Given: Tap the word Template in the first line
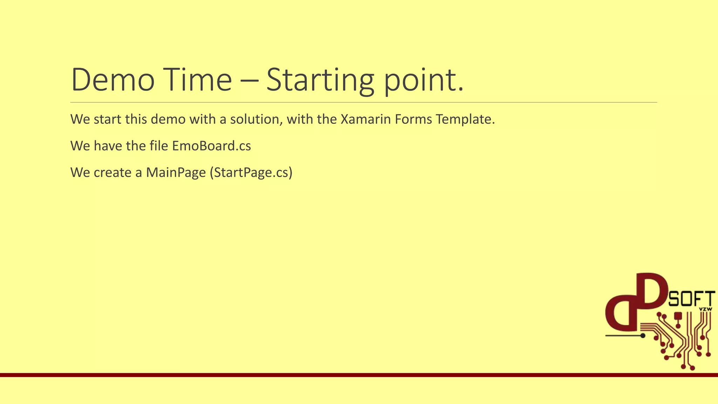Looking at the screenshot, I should pyautogui.click(x=465, y=119).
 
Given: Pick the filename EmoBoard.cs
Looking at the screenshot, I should pyautogui.click(x=211, y=146).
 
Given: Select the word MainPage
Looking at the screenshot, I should pyautogui.click(x=176, y=172).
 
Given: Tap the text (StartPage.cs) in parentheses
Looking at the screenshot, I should pyautogui.click(x=251, y=172).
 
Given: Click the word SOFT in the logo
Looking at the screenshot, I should pyautogui.click(x=692, y=299).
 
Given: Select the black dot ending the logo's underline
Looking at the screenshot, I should pyautogui.click(x=643, y=336).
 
